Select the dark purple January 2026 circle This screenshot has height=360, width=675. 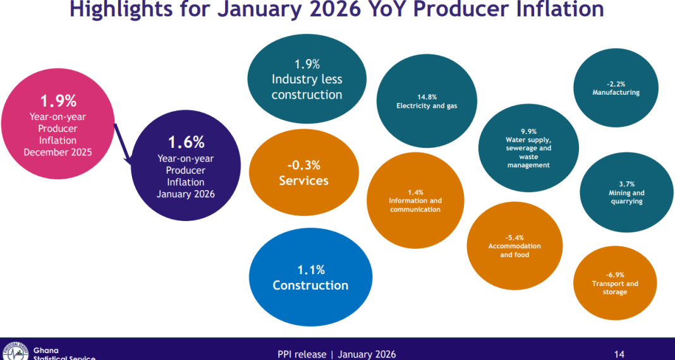(186, 165)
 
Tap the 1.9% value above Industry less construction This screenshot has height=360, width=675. (307, 64)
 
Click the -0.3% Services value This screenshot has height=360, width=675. (304, 165)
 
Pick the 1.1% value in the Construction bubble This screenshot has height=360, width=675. (311, 270)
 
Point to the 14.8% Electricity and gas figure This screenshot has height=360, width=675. (427, 97)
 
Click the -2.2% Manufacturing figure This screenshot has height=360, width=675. (616, 83)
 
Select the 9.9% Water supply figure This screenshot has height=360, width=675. (528, 131)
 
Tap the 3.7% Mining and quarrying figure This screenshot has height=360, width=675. (626, 184)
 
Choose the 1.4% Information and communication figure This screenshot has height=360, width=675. (415, 192)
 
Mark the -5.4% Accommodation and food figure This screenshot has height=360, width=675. (514, 237)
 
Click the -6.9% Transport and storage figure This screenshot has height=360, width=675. (615, 275)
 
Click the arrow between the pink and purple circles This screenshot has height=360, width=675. (124, 145)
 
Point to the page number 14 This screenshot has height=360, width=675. (620, 354)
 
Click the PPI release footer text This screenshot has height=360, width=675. (337, 354)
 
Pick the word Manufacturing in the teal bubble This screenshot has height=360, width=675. (616, 92)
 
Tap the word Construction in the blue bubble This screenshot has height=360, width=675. (310, 285)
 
